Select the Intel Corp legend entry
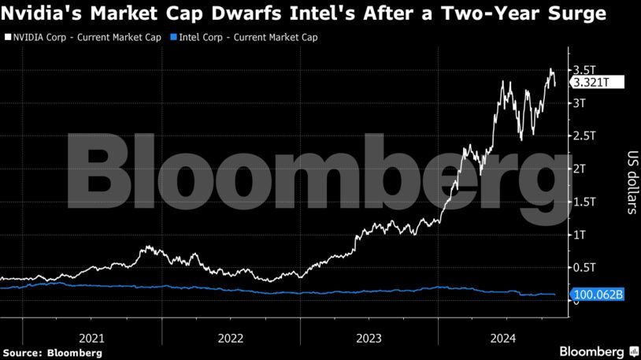(244, 37)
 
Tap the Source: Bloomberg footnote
(52, 352)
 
